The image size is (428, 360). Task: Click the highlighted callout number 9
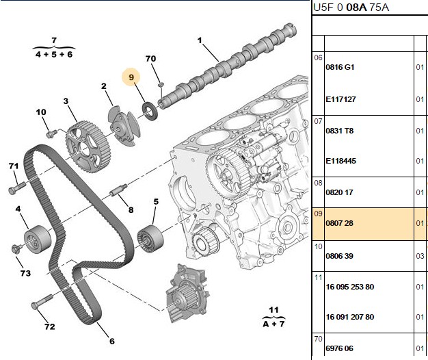131,77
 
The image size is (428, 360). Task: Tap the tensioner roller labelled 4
38,240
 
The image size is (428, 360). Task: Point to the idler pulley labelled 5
150,240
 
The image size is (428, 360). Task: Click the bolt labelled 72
42,301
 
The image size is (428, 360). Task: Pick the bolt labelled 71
17,188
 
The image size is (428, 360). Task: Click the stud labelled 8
118,190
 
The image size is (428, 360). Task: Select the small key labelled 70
161,84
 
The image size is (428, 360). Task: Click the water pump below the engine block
187,293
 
